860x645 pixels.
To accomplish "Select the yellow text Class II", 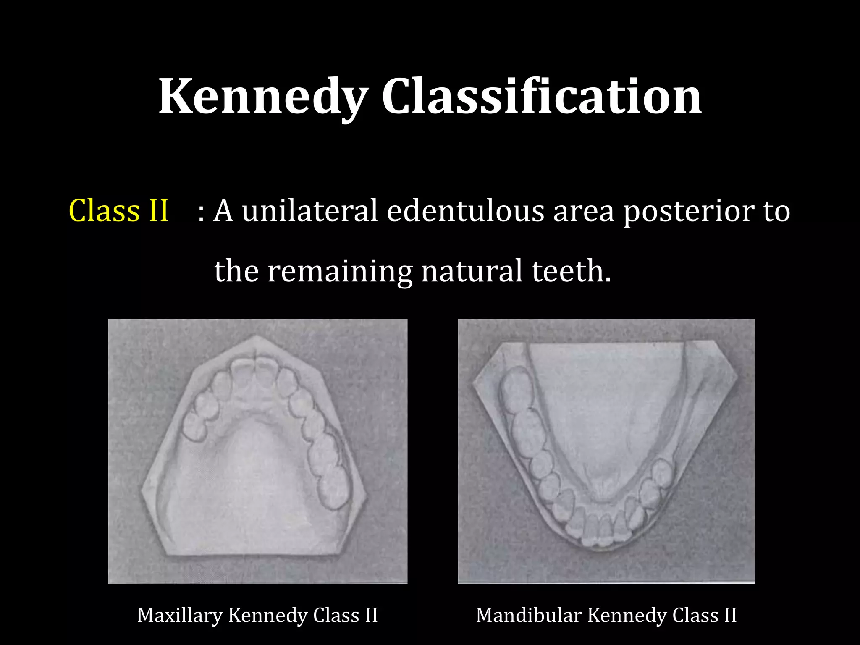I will [118, 210].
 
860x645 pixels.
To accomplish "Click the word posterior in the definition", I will [688, 211].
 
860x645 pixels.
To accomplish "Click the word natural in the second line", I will [472, 271].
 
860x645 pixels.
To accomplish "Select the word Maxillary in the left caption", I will [179, 616].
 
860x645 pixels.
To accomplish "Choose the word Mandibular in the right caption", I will [528, 616].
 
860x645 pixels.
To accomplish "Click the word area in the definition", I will [584, 211].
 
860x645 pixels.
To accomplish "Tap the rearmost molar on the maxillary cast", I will [334, 487].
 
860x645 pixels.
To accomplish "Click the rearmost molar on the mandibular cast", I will [517, 388].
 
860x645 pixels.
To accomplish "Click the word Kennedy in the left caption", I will [267, 616].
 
